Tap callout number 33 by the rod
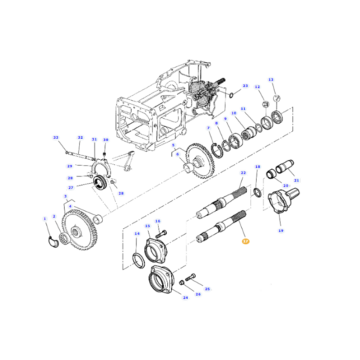[55, 138]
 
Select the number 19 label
[281, 231]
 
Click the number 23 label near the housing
[245, 86]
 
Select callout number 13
[271, 79]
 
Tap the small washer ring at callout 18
[258, 192]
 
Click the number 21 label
[296, 180]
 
